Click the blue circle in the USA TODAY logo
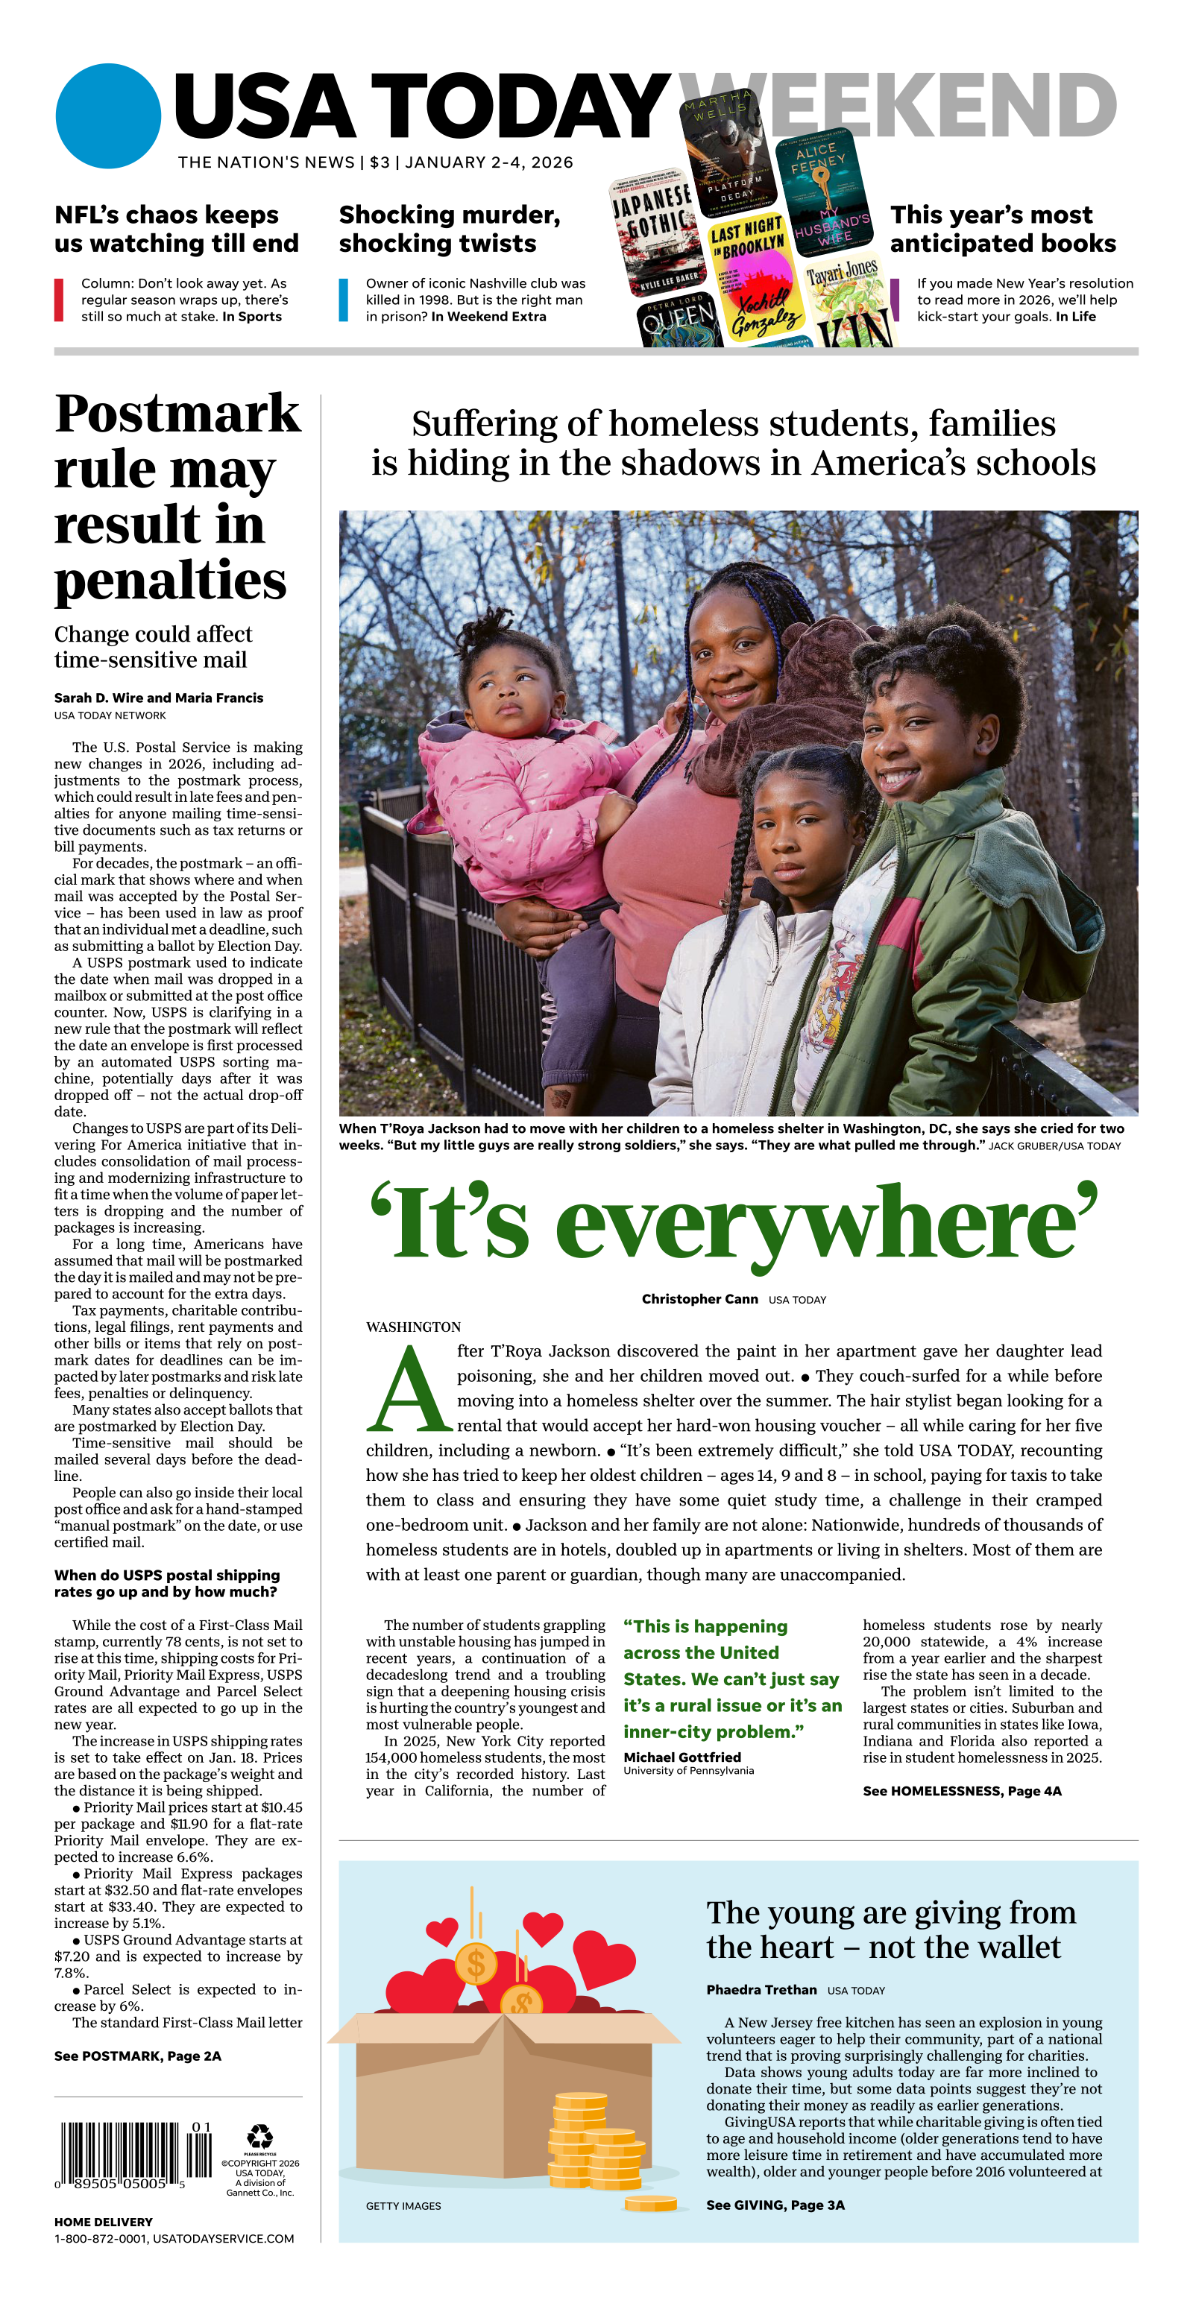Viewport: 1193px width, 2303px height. tap(108, 116)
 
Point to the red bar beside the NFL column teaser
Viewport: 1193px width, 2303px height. tap(59, 300)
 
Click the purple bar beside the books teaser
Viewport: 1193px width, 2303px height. tap(895, 300)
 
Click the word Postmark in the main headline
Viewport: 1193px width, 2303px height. tap(177, 414)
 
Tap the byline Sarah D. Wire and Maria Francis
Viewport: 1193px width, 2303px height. tap(158, 698)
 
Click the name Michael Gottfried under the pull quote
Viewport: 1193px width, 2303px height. tap(682, 1757)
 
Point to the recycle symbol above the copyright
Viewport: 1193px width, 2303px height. tap(259, 2136)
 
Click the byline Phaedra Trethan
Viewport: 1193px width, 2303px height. tap(761, 1989)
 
